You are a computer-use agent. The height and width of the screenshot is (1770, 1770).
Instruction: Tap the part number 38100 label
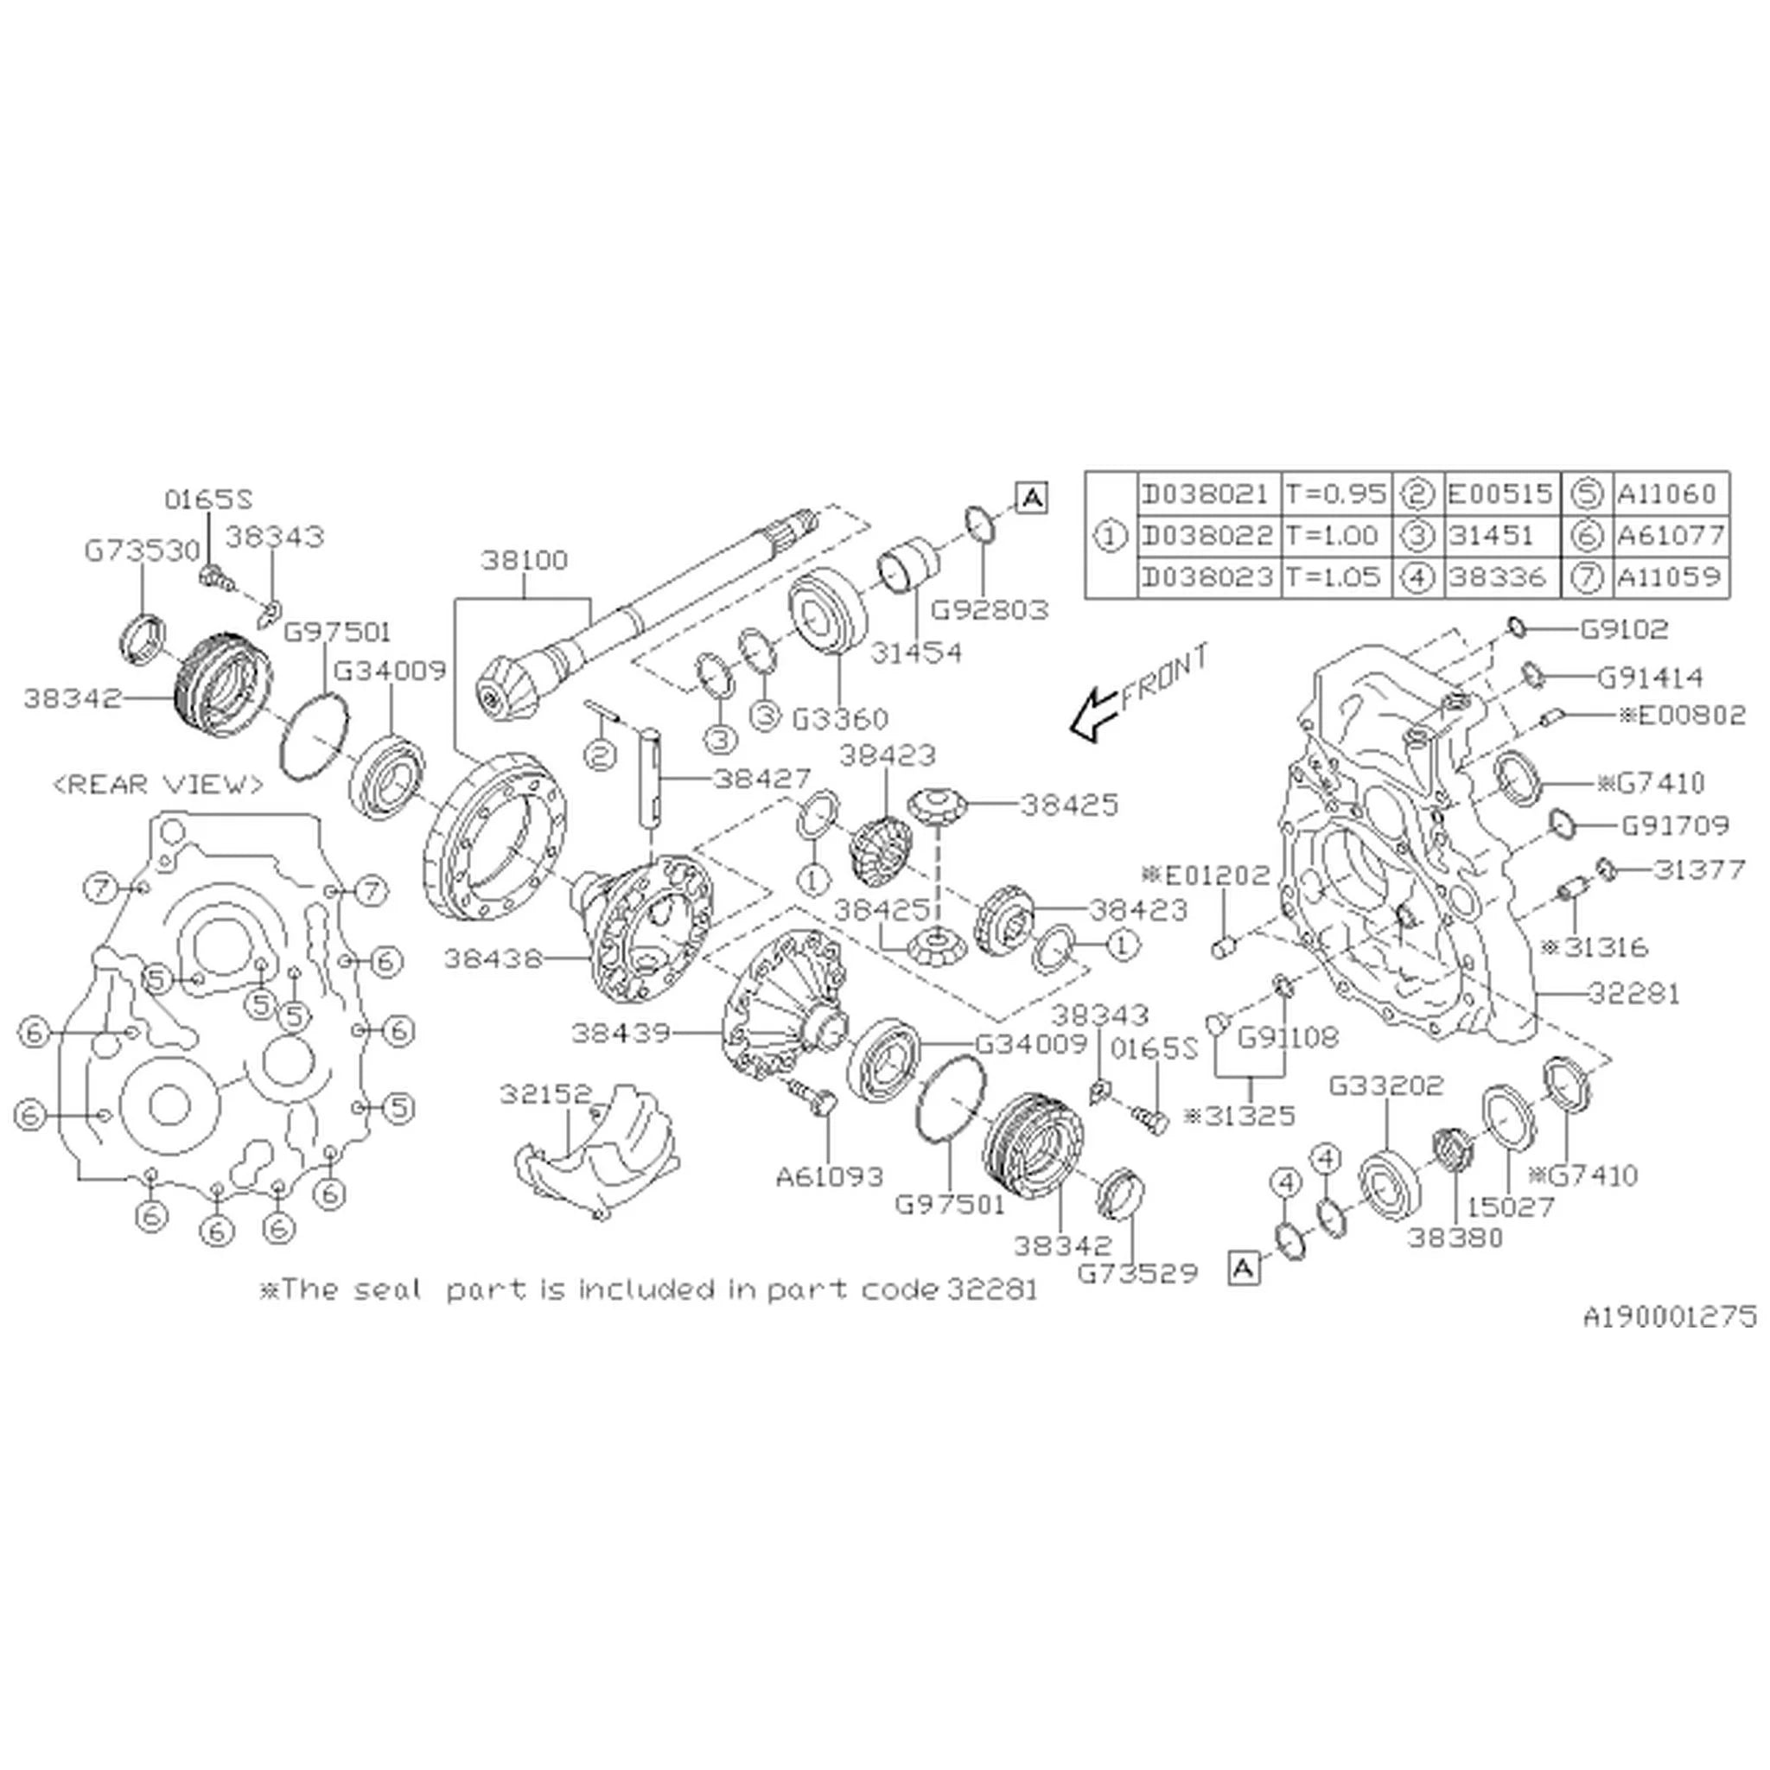525,559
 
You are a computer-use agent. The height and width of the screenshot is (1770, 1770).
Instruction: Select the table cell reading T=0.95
1336,493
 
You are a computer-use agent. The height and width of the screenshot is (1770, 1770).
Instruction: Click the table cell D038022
1207,535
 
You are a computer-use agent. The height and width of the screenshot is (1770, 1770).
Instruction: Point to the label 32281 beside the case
1634,993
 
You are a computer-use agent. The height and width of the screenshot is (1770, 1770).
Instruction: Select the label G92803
990,610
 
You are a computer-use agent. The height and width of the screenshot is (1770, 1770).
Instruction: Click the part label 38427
762,779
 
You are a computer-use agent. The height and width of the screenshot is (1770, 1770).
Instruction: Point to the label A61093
830,1176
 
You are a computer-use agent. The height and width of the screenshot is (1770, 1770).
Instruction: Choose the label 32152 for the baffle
547,1094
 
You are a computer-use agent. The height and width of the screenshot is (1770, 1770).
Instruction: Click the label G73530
142,551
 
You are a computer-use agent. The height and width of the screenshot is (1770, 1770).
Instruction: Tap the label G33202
1386,1086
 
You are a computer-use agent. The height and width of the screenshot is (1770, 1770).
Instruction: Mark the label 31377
1699,868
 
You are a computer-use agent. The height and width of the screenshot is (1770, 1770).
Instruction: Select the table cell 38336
1498,577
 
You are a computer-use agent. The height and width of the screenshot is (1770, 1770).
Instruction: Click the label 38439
621,1034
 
